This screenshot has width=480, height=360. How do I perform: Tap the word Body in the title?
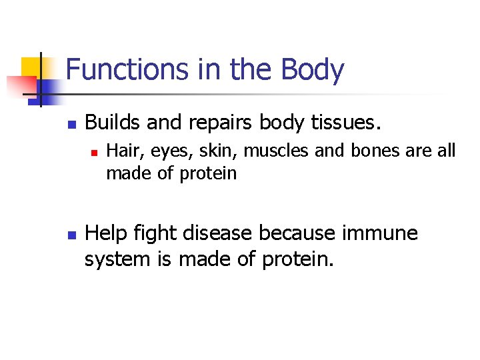point(313,70)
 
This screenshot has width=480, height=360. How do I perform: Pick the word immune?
point(379,233)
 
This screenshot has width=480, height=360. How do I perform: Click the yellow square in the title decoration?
point(32,67)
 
